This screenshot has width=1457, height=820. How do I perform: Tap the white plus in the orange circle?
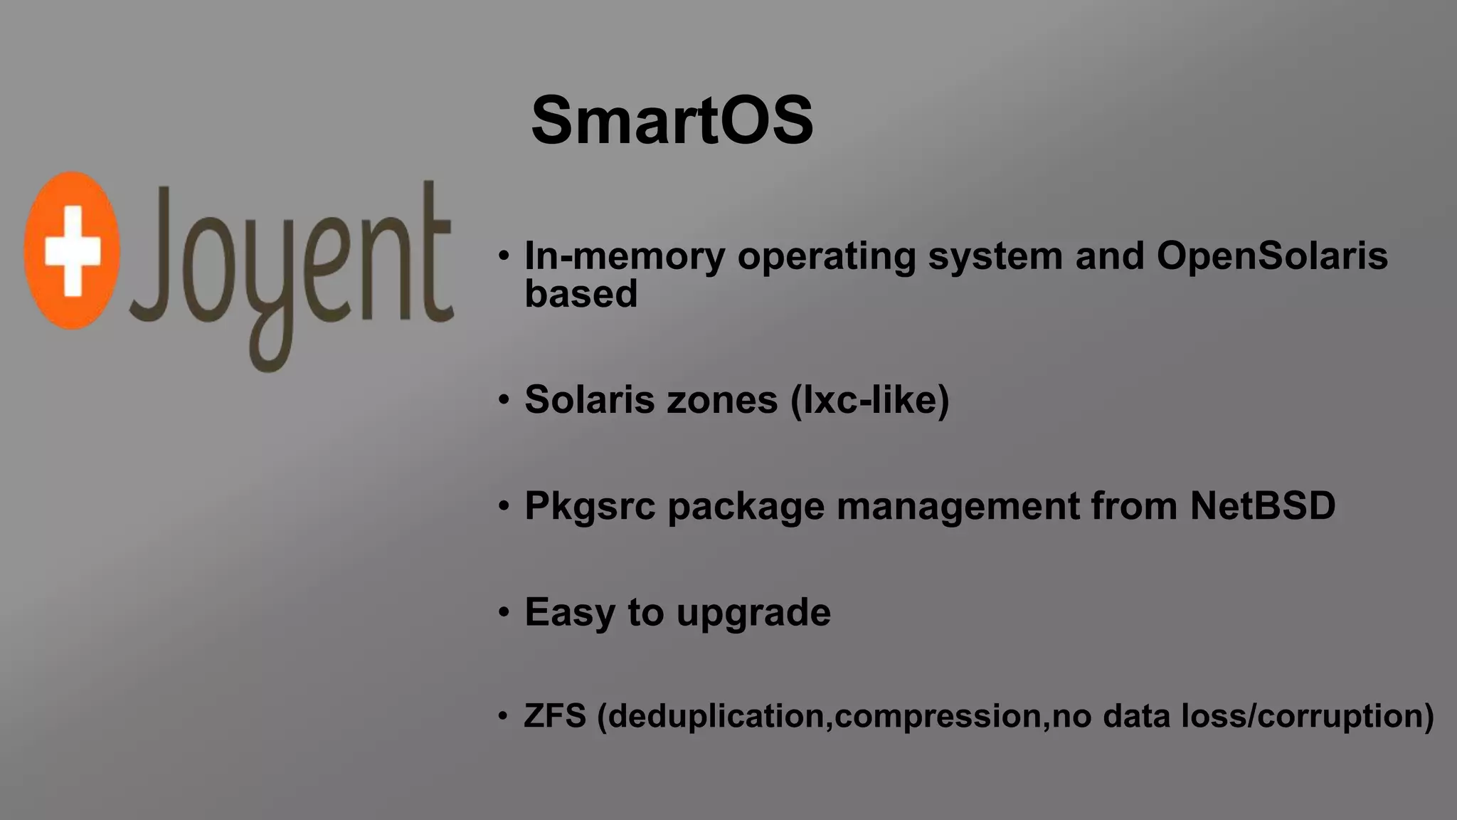pyautogui.click(x=72, y=251)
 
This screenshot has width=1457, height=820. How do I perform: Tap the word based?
pyautogui.click(x=581, y=293)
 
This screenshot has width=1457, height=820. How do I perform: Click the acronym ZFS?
pyautogui.click(x=555, y=715)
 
